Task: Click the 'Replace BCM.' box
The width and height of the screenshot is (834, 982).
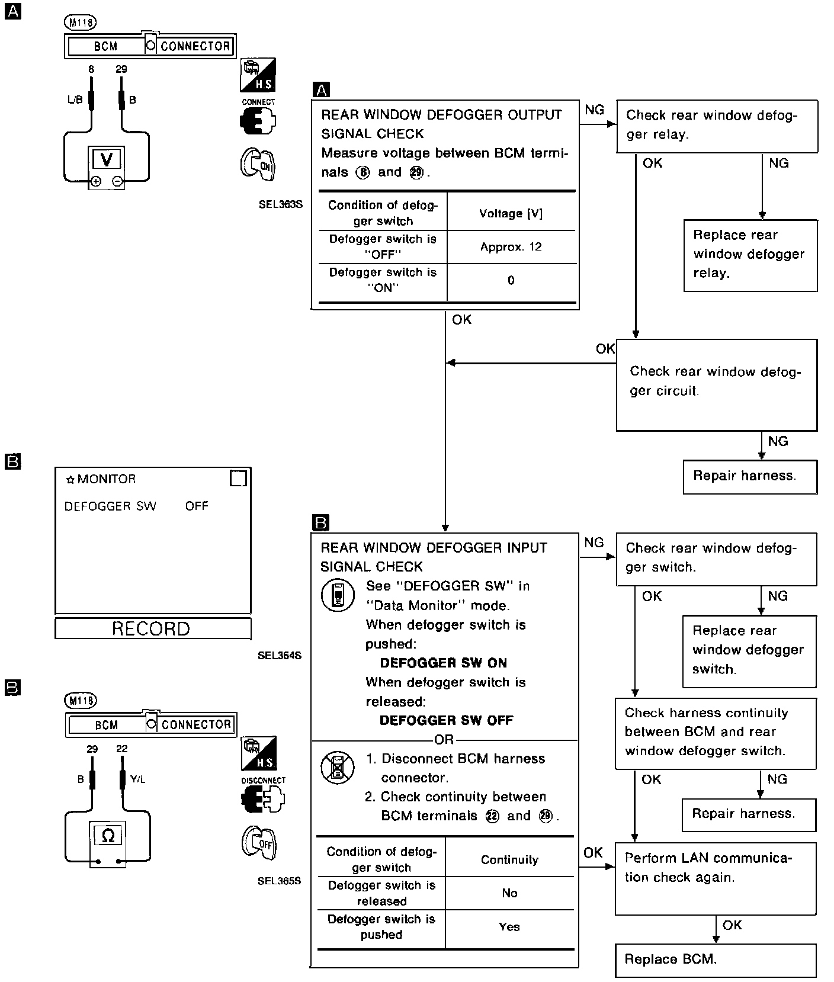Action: point(716,960)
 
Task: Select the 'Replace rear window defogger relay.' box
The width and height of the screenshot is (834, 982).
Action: point(750,255)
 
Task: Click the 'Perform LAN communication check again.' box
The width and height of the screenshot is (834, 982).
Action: point(716,878)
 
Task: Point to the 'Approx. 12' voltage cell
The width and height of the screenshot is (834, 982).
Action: point(511,247)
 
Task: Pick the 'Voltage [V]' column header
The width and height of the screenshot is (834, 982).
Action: point(511,213)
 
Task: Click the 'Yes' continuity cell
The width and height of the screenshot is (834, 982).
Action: point(509,927)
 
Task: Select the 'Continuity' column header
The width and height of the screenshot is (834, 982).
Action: point(509,859)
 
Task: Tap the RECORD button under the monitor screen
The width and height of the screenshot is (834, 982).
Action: point(152,628)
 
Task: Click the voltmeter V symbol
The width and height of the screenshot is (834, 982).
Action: point(107,159)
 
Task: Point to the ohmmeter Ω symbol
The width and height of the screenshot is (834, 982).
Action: point(108,836)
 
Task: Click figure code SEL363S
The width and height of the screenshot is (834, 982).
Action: point(280,204)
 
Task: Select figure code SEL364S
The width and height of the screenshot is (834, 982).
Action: point(280,656)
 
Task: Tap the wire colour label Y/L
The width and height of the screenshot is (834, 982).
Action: point(137,779)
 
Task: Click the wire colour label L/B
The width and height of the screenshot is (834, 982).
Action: point(75,100)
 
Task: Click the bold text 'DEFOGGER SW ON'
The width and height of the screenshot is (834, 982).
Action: point(444,663)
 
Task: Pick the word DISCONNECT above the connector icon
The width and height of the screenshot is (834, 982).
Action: point(263,780)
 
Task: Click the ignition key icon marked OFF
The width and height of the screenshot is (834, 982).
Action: point(259,843)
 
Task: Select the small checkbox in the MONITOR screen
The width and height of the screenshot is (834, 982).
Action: point(238,478)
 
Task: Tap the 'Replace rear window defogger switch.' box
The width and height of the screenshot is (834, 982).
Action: point(749,650)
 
